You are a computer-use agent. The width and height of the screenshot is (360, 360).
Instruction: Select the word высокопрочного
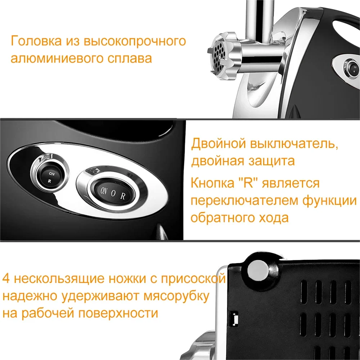135,41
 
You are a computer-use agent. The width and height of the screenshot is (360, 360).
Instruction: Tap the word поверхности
118,313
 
